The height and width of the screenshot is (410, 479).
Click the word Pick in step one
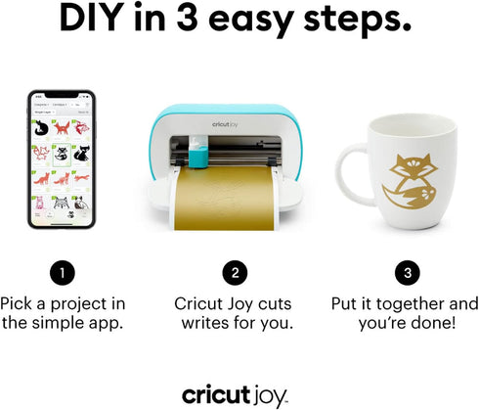tap(24, 304)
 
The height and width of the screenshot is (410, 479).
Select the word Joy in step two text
tap(259, 304)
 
